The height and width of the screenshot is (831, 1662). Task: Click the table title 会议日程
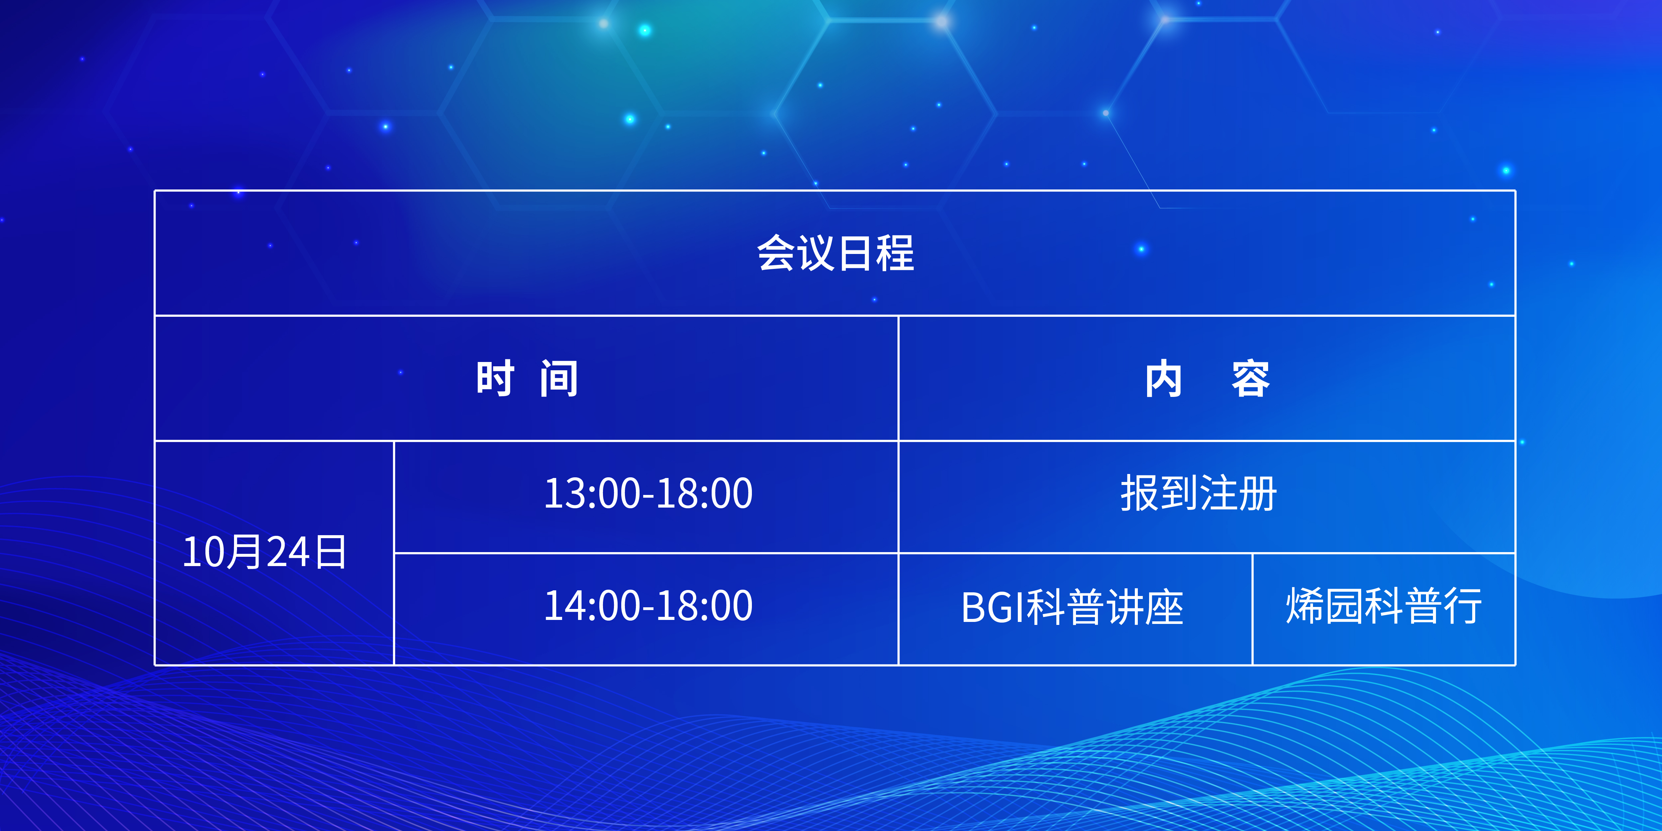click(836, 253)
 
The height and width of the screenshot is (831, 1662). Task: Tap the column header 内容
click(1207, 379)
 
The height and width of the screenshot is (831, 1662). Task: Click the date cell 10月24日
click(265, 552)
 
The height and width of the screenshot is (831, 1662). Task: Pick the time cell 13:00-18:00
click(649, 494)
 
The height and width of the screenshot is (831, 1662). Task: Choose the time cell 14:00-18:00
click(649, 606)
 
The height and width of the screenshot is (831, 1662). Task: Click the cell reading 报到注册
click(1199, 494)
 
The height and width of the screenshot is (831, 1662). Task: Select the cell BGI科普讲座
click(1072, 607)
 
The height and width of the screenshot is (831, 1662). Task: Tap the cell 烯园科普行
click(1384, 606)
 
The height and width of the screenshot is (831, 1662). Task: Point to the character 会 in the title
click(776, 253)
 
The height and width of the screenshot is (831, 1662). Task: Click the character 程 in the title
click(895, 253)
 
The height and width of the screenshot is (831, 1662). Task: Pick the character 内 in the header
click(1164, 379)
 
